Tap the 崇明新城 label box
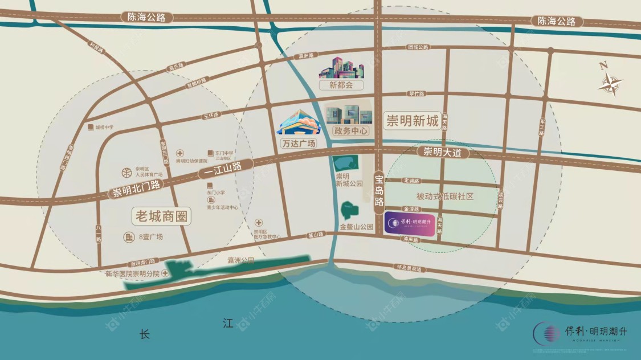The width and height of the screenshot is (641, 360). [413, 121]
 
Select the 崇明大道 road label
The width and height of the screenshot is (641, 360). [443, 153]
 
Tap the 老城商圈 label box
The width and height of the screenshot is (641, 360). [161, 216]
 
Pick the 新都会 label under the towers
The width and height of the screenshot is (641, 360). [341, 85]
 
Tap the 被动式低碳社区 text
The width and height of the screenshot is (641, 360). [445, 196]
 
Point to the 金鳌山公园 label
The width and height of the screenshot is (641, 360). [356, 227]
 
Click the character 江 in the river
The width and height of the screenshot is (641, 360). [228, 324]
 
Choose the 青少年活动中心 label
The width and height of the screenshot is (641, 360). [223, 207]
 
